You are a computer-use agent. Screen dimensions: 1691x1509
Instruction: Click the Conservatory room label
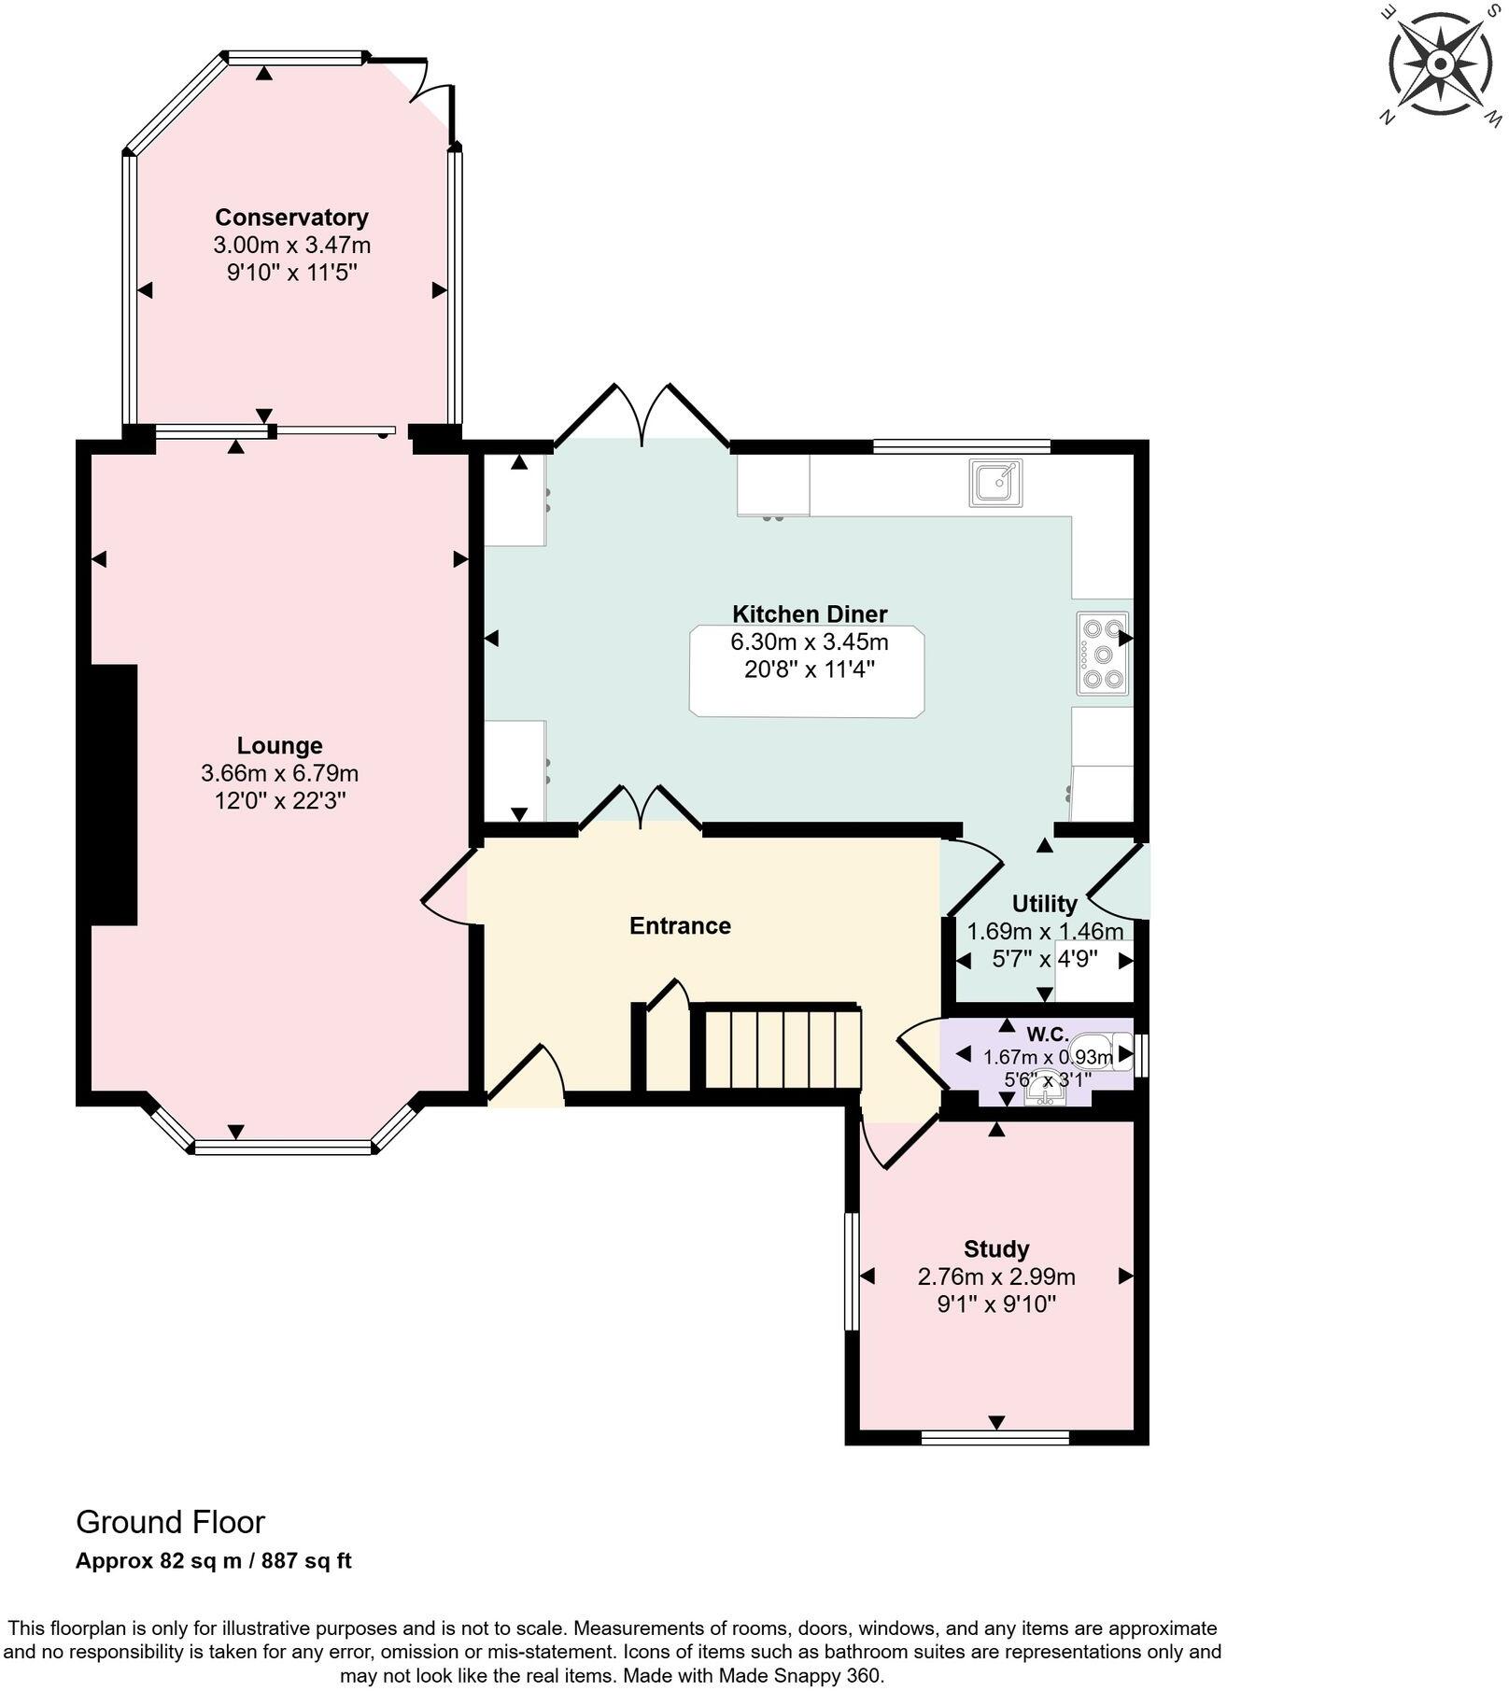click(x=291, y=218)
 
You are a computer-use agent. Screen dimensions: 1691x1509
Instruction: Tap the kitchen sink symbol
click(x=995, y=483)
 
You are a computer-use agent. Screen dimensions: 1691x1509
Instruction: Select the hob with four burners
click(x=1102, y=653)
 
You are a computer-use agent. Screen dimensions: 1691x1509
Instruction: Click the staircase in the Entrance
click(x=781, y=1047)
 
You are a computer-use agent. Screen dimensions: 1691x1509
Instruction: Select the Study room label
click(x=996, y=1248)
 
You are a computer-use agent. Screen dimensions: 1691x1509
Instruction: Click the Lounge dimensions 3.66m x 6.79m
click(x=279, y=773)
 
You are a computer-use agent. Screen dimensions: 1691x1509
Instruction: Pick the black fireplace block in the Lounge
click(x=114, y=795)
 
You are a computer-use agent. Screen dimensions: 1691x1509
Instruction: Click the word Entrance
click(x=680, y=925)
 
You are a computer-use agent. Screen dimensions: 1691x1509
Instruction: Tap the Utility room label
click(x=1044, y=904)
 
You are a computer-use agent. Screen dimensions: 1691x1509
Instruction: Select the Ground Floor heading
click(x=170, y=1522)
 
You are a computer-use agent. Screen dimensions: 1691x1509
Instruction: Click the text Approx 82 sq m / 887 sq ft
click(x=213, y=1560)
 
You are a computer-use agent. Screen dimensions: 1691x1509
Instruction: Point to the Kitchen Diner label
click(x=809, y=613)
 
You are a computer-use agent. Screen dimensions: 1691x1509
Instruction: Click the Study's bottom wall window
click(x=995, y=1438)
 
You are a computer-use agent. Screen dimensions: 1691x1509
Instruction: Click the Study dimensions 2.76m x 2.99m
click(x=996, y=1276)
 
